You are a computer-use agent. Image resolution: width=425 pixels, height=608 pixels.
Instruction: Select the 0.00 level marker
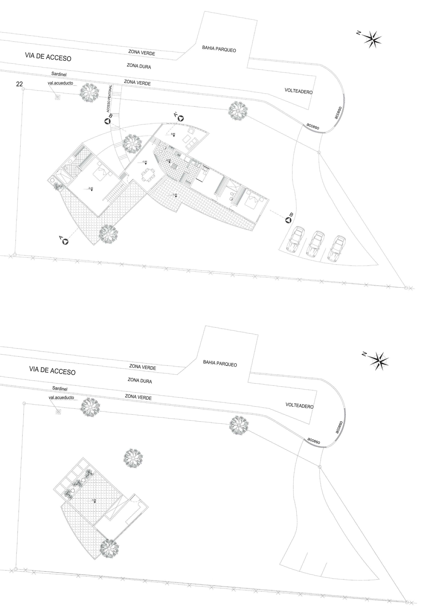click(x=173, y=134)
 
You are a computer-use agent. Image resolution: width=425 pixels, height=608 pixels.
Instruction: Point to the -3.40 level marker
click(x=91, y=189)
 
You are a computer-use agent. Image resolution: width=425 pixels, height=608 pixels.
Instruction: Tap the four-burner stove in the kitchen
click(x=175, y=166)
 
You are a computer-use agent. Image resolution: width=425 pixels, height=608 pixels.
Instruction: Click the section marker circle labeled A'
click(x=181, y=118)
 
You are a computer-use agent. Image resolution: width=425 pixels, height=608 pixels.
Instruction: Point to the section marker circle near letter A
click(x=65, y=241)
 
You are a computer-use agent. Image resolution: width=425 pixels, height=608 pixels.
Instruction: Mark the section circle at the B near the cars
click(x=288, y=220)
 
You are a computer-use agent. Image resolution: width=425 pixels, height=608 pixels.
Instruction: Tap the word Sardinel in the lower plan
click(x=60, y=388)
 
